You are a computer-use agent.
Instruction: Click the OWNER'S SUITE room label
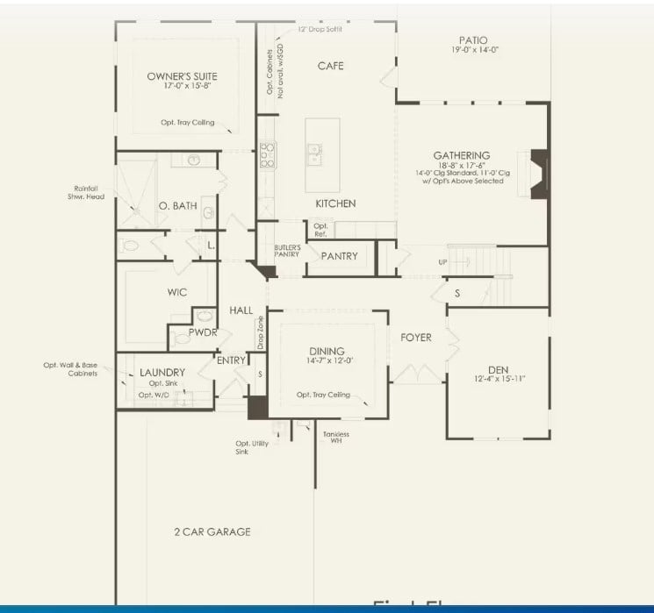[x=182, y=76]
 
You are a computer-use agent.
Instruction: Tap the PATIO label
[x=473, y=39]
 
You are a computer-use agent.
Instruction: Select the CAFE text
[x=330, y=66]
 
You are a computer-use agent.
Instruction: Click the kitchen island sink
[x=313, y=156]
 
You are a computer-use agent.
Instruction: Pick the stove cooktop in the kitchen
[x=267, y=155]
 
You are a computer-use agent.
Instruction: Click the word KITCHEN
[x=335, y=203]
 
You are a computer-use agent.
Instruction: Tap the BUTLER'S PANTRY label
[x=288, y=252]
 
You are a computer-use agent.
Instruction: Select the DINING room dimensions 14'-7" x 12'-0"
[x=326, y=361]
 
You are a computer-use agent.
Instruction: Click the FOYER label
[x=416, y=337]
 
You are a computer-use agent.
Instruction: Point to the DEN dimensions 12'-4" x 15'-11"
[x=498, y=379]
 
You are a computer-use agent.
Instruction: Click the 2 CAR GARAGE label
[x=212, y=531]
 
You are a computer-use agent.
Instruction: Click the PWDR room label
[x=203, y=333]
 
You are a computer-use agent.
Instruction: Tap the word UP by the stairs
[x=442, y=262]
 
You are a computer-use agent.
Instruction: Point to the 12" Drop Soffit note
[x=320, y=29]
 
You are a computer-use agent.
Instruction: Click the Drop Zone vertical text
[x=260, y=333]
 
